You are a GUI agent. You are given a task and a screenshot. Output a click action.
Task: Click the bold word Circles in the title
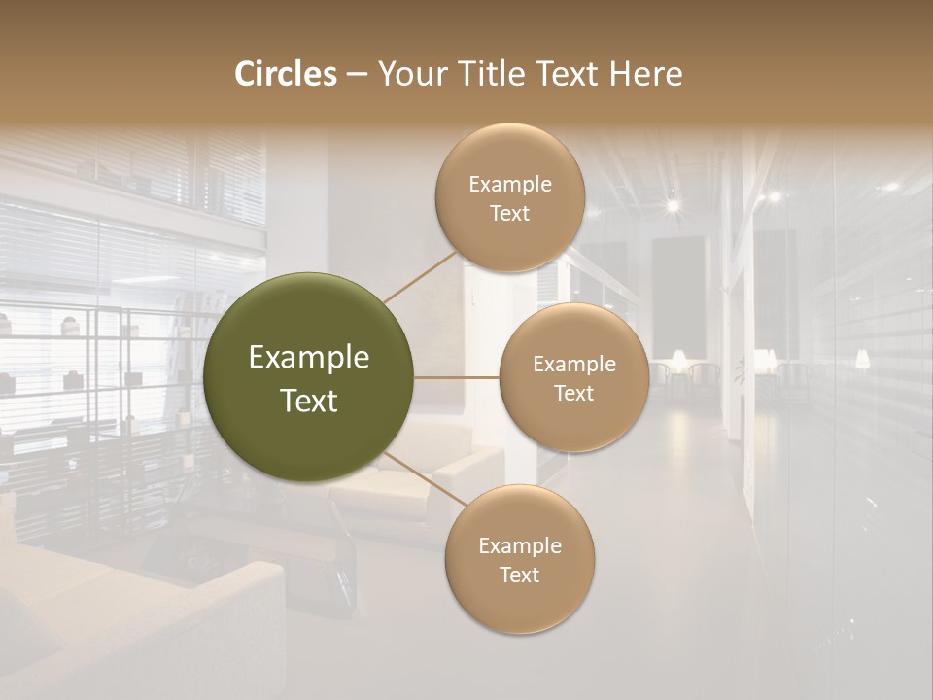285,74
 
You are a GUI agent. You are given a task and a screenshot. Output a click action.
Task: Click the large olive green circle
309,377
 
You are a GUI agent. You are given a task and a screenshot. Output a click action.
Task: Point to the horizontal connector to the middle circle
457,376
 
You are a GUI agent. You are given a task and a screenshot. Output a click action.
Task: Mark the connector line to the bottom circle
426,478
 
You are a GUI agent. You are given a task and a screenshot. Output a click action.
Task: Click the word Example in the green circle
309,358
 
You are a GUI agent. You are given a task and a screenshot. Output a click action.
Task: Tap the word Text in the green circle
309,401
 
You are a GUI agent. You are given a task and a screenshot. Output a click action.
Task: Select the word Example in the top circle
510,185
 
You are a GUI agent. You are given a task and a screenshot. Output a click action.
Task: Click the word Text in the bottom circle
520,575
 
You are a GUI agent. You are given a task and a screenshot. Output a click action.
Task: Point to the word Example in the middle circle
574,365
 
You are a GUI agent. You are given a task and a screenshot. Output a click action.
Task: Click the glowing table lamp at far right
861,360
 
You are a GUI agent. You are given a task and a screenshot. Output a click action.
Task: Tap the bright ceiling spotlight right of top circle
672,205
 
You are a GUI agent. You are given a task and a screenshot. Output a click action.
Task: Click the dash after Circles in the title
357,75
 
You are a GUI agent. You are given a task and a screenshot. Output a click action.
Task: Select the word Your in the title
408,74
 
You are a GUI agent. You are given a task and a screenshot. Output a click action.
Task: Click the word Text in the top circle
510,213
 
